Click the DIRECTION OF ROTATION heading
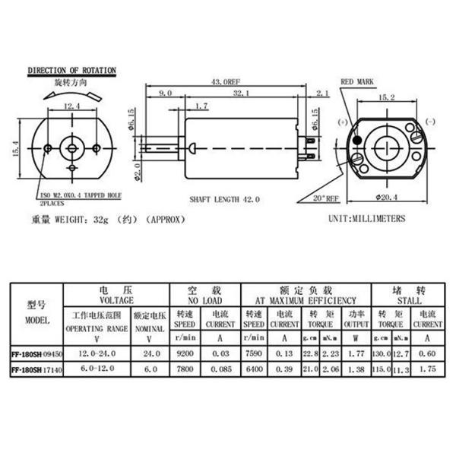coord(71,71)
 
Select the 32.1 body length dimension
coord(241,93)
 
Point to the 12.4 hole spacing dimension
coord(73,106)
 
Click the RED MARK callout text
coord(357,80)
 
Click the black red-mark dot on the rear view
coord(356,140)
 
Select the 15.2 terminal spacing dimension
coord(386,97)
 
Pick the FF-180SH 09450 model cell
coord(36,354)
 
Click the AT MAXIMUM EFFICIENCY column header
coord(306,301)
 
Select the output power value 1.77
coord(353,354)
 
